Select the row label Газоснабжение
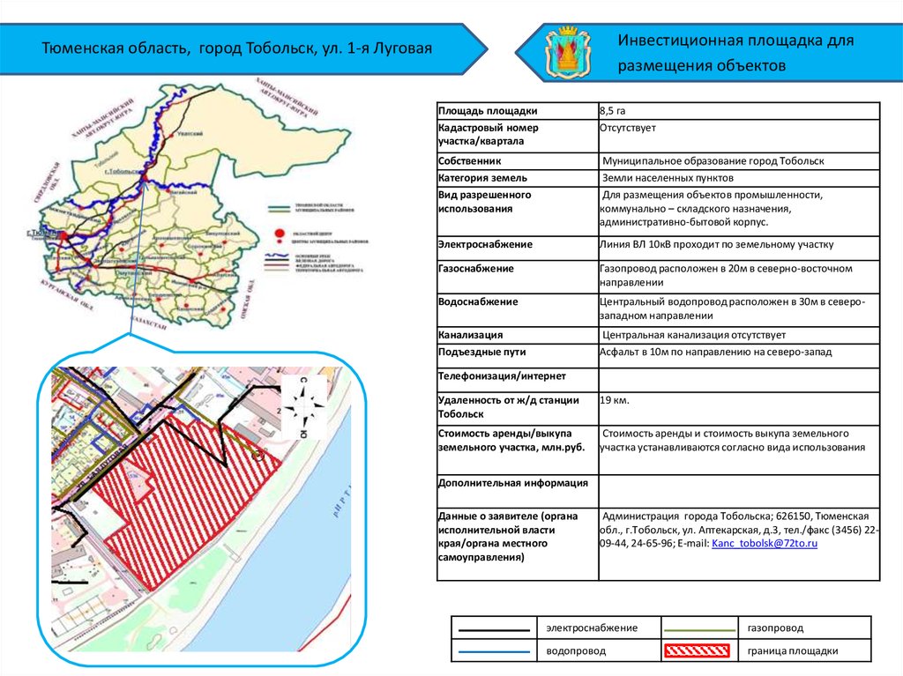click(476, 268)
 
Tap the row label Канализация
click(470, 335)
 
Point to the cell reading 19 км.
click(615, 400)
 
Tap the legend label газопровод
click(775, 628)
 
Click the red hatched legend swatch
click(696, 651)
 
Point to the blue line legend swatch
click(494, 652)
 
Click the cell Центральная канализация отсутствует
click(694, 335)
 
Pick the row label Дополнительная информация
click(500, 483)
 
